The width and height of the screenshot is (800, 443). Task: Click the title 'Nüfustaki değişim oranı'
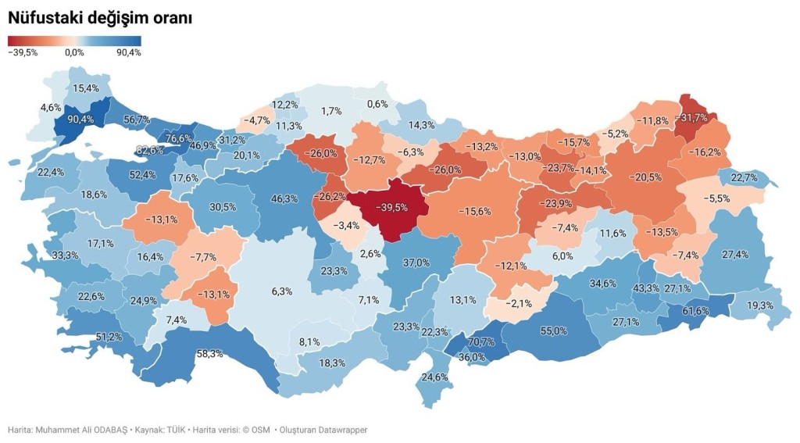click(100, 18)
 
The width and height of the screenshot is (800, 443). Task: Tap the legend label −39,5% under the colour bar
click(23, 53)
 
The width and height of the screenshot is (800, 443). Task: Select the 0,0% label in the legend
click(74, 53)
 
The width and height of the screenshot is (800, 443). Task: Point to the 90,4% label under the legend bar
click(128, 53)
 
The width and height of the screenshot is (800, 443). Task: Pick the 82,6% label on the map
click(150, 150)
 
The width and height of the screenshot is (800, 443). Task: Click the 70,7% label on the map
click(480, 342)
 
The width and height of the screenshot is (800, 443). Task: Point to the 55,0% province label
click(553, 331)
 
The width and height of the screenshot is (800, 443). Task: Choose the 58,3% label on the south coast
click(209, 354)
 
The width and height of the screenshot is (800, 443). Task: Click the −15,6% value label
click(474, 212)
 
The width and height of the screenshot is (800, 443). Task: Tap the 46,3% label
click(284, 199)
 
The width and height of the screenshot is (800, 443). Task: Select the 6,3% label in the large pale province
click(282, 291)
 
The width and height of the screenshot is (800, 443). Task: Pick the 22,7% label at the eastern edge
click(745, 178)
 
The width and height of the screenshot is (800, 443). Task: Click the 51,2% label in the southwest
click(109, 337)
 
